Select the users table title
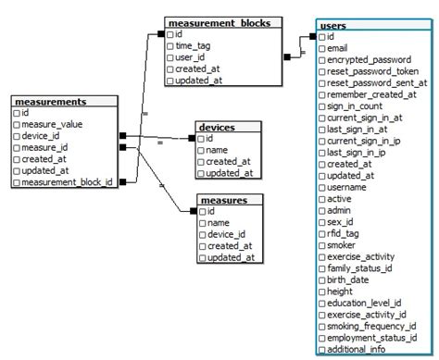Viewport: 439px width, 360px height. [332, 25]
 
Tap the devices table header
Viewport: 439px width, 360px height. [217, 127]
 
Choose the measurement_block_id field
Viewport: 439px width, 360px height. [67, 182]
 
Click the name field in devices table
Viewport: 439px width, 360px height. [219, 150]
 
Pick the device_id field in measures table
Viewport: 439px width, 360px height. [228, 234]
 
